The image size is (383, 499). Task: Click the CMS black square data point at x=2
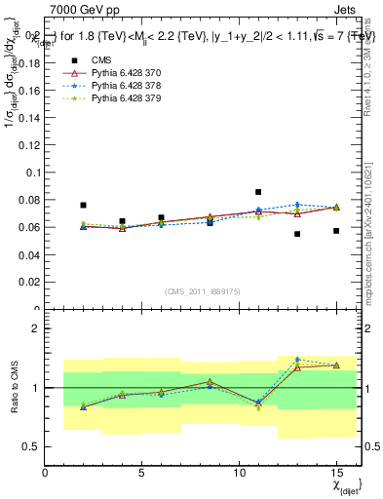pyautogui.click(x=84, y=206)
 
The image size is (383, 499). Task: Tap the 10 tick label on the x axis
pyautogui.click(x=239, y=474)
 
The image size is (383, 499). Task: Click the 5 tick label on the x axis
pyautogui.click(x=142, y=474)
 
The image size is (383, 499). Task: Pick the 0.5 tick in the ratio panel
pyautogui.click(x=32, y=446)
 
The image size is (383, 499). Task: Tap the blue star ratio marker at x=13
pyautogui.click(x=297, y=360)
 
